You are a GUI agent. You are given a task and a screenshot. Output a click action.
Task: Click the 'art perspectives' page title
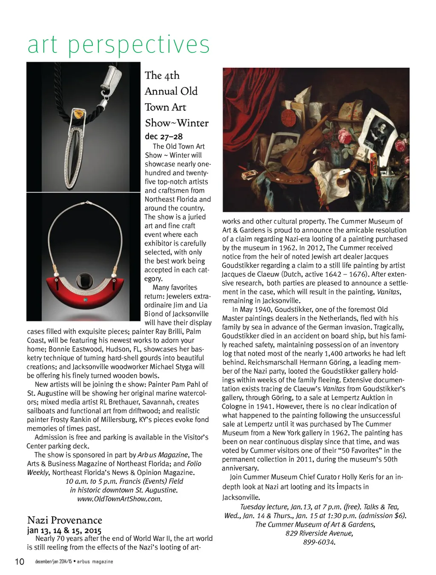click(118, 45)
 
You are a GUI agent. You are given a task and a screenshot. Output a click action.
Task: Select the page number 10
click(20, 561)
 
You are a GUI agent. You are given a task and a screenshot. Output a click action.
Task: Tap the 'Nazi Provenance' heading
click(65, 520)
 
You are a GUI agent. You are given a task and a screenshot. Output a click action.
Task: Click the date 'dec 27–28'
click(163, 136)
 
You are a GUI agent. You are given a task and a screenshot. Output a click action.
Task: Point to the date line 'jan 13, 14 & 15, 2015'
click(64, 530)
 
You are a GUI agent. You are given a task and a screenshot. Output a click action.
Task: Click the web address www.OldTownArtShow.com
click(120, 499)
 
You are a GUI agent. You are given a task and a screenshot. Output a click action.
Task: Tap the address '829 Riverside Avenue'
click(319, 533)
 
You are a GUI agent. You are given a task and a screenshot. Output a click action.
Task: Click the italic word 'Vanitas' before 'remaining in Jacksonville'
click(388, 292)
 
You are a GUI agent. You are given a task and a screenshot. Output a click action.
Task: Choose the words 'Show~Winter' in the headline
click(177, 123)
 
